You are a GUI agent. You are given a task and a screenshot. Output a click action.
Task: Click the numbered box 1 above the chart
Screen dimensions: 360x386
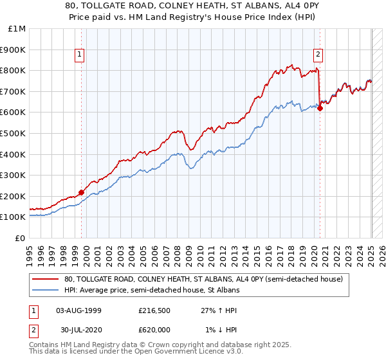pos(78,55)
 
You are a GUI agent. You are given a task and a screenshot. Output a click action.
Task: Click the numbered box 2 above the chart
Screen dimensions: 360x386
pos(318,55)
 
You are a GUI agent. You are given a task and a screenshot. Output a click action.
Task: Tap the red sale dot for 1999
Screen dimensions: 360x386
pos(82,192)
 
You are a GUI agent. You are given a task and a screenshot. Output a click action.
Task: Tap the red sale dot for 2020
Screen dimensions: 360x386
pos(320,107)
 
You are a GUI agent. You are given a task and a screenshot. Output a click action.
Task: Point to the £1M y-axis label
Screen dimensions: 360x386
pos(17,29)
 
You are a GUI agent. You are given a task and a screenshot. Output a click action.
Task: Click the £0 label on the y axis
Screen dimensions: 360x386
pos(20,238)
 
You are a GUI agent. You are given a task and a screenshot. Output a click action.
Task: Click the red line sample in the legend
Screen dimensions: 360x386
pos(46,279)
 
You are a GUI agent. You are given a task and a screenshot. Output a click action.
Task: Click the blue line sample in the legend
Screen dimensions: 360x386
pos(46,290)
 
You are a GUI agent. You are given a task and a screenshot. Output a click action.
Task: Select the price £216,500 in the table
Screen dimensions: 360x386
pos(152,310)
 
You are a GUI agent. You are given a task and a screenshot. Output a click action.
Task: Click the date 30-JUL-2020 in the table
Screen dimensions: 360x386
pos(78,329)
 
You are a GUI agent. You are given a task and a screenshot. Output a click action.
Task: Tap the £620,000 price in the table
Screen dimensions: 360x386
pos(152,329)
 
